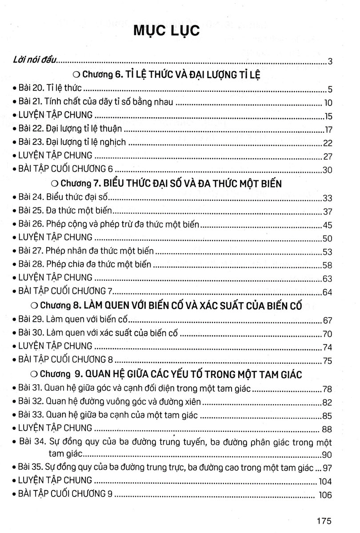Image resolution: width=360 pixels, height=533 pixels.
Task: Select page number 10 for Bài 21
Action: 328,103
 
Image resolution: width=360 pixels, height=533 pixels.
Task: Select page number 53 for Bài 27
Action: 328,252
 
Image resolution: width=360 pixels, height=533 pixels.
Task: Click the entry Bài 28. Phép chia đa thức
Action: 85,264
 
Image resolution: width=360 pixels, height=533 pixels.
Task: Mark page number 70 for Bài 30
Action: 328,334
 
